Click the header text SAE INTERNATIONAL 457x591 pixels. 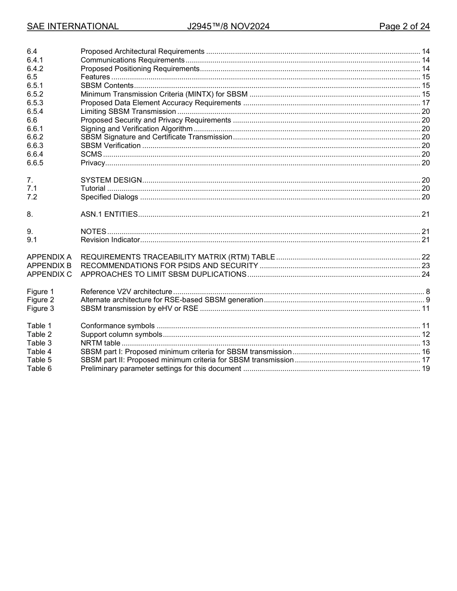(73, 26)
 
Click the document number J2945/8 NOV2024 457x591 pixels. (228, 26)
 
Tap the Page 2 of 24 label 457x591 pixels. (404, 26)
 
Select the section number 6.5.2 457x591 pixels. (35, 94)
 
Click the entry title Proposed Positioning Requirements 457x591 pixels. (140, 69)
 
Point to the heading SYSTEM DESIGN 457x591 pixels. (111, 180)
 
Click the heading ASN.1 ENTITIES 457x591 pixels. (109, 214)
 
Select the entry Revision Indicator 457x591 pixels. (110, 240)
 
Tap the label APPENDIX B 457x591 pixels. (49, 266)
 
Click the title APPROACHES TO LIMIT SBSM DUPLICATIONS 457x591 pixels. (164, 274)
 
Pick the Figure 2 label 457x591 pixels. (40, 300)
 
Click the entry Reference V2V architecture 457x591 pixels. (126, 292)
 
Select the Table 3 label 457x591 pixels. (39, 343)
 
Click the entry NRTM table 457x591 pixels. (101, 343)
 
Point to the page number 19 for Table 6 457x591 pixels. (425, 369)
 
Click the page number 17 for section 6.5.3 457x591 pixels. (425, 103)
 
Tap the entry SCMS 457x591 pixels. (91, 154)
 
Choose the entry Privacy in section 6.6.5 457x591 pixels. (93, 163)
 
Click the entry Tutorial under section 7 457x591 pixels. (93, 188)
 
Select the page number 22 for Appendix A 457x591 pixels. (425, 257)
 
